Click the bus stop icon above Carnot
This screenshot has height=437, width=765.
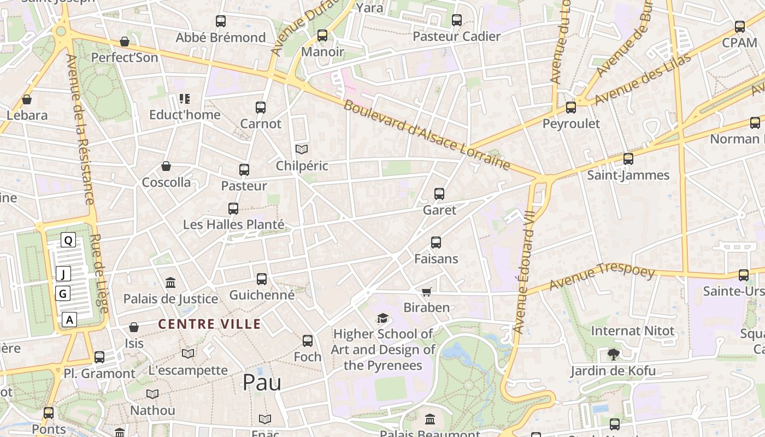(261, 108)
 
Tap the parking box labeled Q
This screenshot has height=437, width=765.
(68, 240)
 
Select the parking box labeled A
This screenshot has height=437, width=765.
(69, 320)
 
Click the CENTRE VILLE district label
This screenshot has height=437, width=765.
(209, 324)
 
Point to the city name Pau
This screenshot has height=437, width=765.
(262, 382)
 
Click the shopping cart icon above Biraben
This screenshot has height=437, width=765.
(427, 292)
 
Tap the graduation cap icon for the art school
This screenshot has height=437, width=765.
(382, 318)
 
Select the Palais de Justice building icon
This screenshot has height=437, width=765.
(170, 282)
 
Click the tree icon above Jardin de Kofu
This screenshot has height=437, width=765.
(613, 355)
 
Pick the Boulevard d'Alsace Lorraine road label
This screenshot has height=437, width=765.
(427, 135)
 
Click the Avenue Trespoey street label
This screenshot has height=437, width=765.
(602, 277)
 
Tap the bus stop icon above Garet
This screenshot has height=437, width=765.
(439, 194)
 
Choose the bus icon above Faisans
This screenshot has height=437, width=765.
(436, 243)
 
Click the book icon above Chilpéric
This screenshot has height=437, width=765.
(302, 149)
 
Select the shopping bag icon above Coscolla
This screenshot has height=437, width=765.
(166, 166)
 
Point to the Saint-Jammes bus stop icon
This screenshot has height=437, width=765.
(628, 159)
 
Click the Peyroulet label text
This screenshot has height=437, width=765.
(571, 123)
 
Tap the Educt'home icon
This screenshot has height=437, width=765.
(185, 99)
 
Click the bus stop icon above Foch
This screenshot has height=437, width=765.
(308, 341)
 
